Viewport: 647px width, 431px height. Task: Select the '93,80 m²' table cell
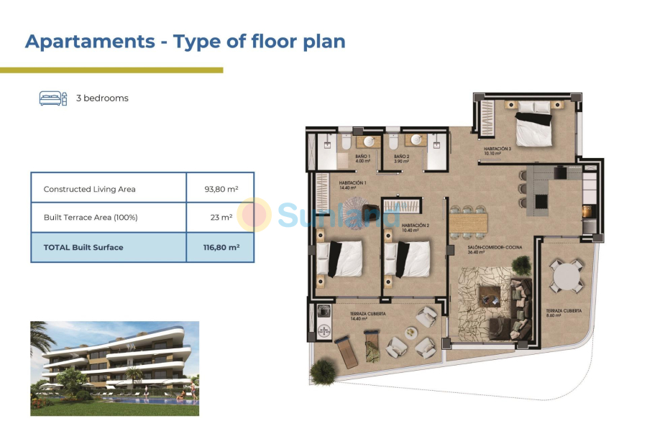click(221, 189)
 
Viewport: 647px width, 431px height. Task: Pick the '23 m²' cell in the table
click(221, 218)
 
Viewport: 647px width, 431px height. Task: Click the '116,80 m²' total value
click(221, 247)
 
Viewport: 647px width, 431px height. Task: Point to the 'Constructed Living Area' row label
click(89, 189)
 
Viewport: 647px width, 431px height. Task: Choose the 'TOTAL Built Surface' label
click(83, 247)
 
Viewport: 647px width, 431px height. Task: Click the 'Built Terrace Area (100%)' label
click(91, 218)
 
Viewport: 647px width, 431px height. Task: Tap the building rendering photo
click(114, 368)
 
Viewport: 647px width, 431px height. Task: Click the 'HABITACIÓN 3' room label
click(497, 150)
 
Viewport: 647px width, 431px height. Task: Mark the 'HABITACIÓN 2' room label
click(416, 227)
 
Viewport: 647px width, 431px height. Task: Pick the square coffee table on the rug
click(492, 294)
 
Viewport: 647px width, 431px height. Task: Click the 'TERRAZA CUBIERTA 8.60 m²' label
click(563, 312)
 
